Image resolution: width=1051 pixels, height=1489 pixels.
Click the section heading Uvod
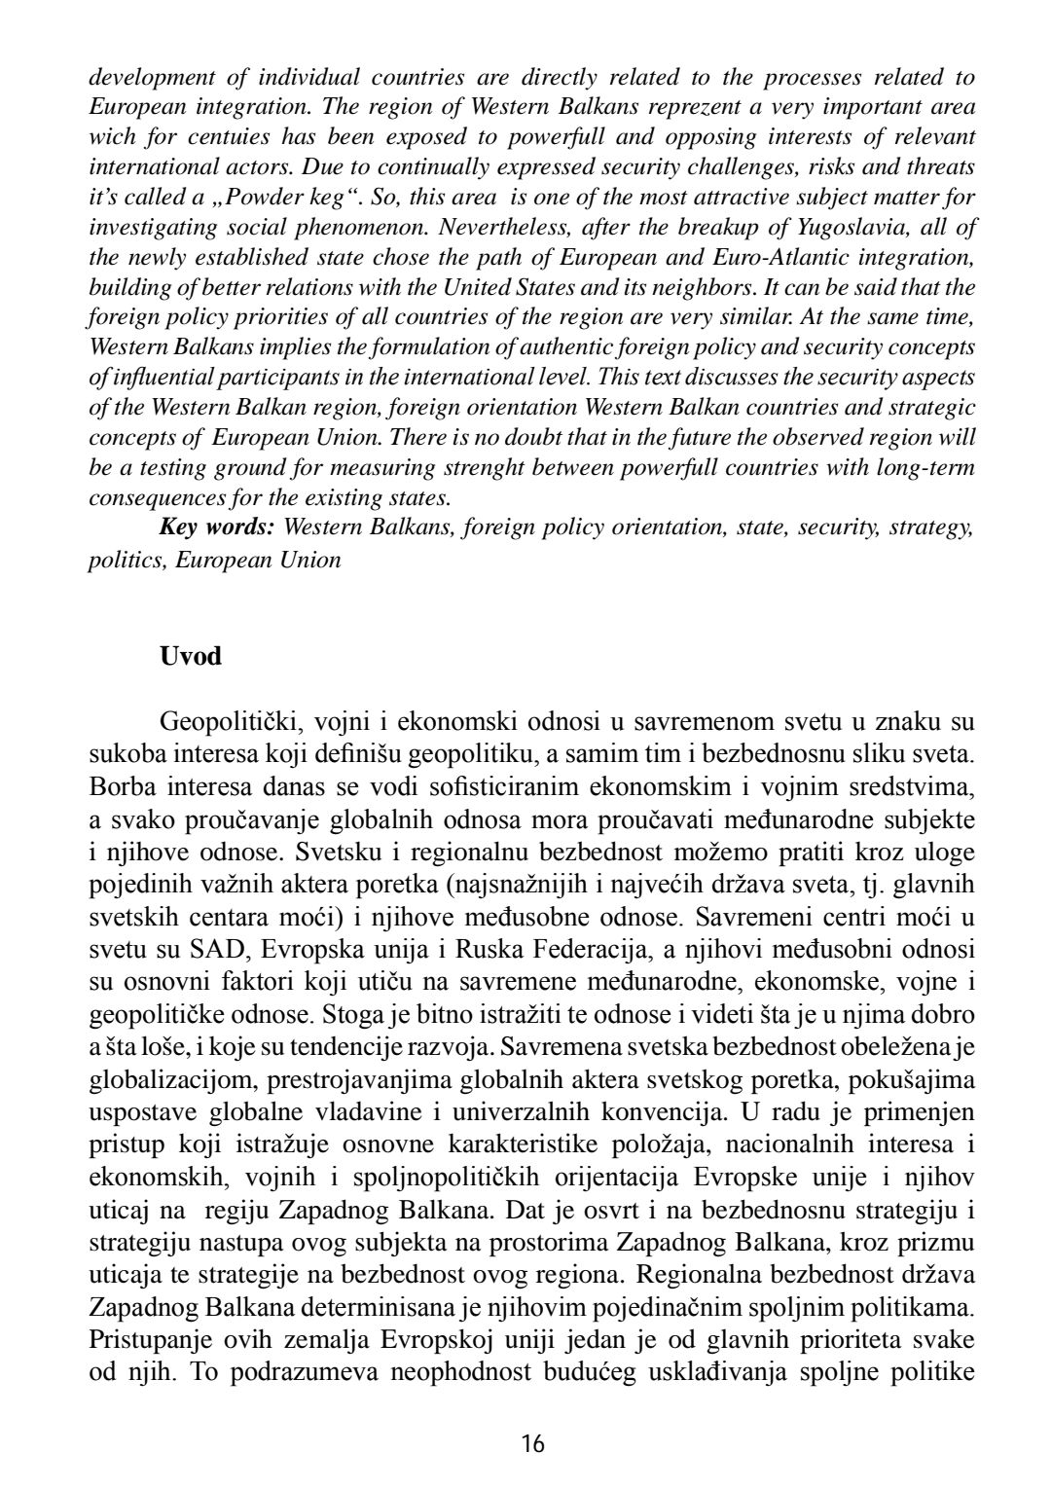pos(191,656)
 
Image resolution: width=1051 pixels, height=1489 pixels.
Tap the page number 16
pos(532,1443)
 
